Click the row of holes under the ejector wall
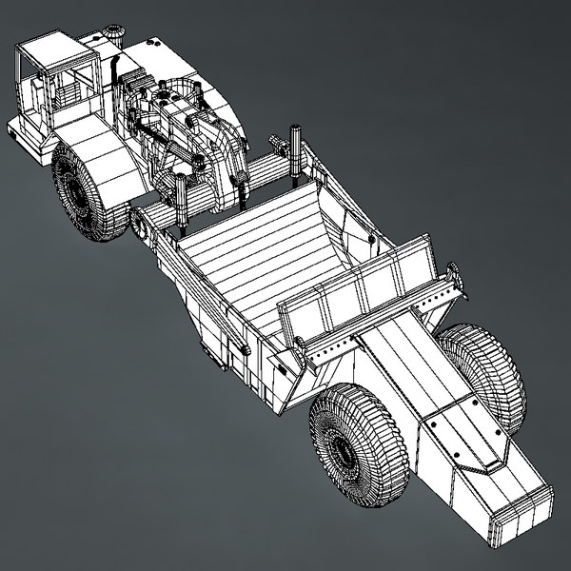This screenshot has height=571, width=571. pos(328,360)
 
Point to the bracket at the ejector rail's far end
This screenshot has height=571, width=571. pos(455,279)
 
